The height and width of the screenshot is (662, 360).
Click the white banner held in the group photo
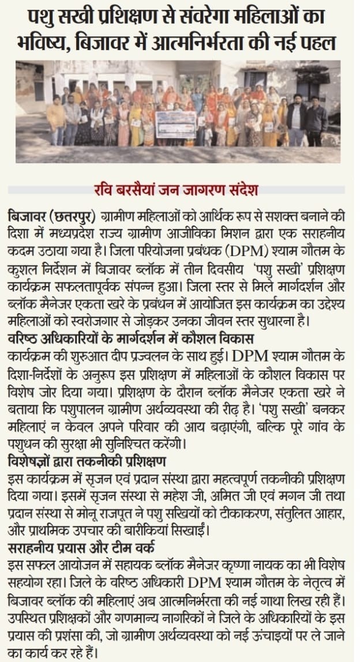coord(175,123)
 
